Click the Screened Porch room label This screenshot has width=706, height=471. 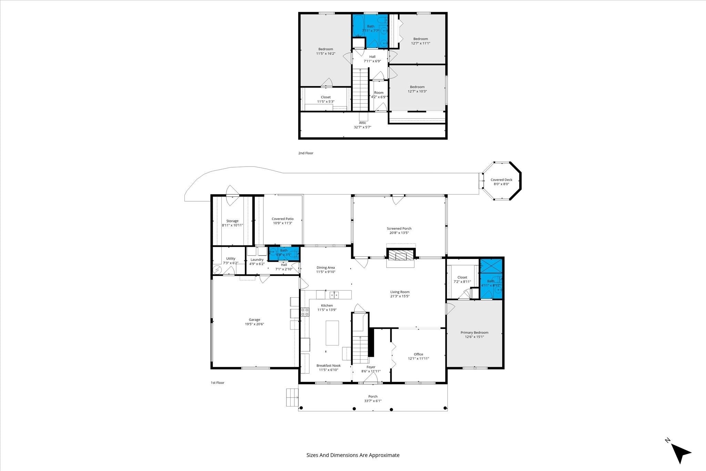(399, 229)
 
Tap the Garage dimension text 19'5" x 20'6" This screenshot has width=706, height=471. (254, 324)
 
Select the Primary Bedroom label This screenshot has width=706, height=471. (474, 333)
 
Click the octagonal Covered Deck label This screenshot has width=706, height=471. (501, 180)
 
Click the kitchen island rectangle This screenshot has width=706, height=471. (332, 333)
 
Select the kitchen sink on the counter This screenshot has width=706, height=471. (334, 294)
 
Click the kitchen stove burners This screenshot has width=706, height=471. (305, 312)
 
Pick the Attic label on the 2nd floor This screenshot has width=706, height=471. (362, 123)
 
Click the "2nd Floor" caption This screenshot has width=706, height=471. (306, 153)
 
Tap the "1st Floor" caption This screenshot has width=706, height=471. (218, 383)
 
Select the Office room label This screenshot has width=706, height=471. (418, 354)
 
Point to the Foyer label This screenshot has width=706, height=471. (371, 367)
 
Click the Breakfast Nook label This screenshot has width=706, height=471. (329, 365)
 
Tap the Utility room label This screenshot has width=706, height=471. (231, 259)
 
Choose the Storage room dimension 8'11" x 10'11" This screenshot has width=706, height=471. (232, 225)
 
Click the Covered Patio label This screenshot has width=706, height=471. (283, 219)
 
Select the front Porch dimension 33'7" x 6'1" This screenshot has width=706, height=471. (373, 401)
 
